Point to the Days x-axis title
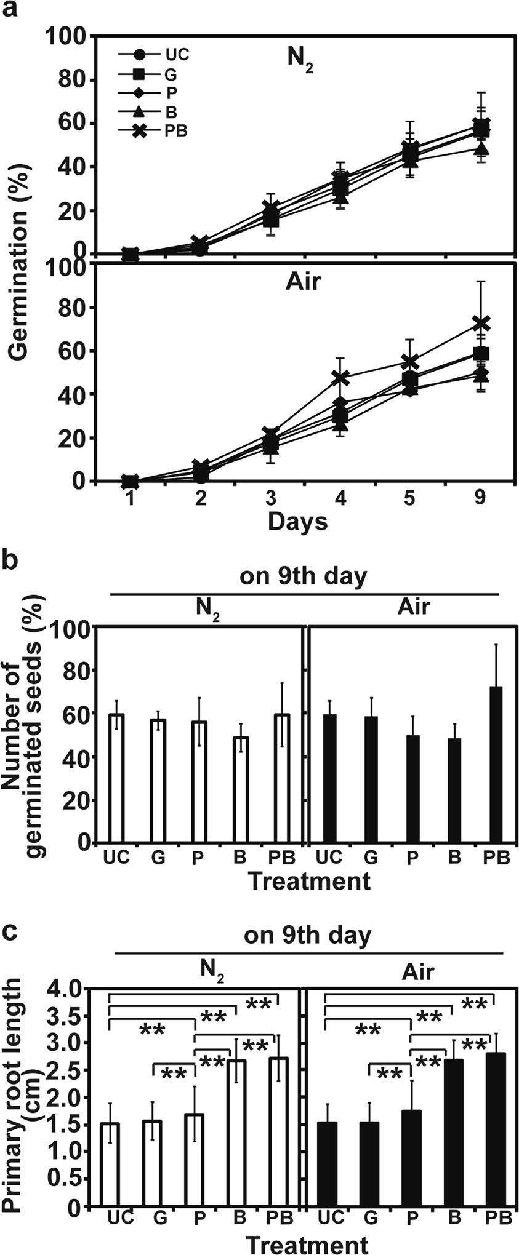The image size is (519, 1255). tap(297, 522)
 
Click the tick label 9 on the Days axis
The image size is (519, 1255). tap(480, 498)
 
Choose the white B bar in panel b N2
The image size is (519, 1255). tap(240, 790)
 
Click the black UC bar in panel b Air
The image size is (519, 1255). tap(330, 778)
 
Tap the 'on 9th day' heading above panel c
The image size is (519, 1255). tap(307, 936)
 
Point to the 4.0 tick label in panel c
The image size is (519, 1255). tap(64, 990)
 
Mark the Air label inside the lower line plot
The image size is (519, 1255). tap(303, 282)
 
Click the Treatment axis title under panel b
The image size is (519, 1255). tap(309, 882)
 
